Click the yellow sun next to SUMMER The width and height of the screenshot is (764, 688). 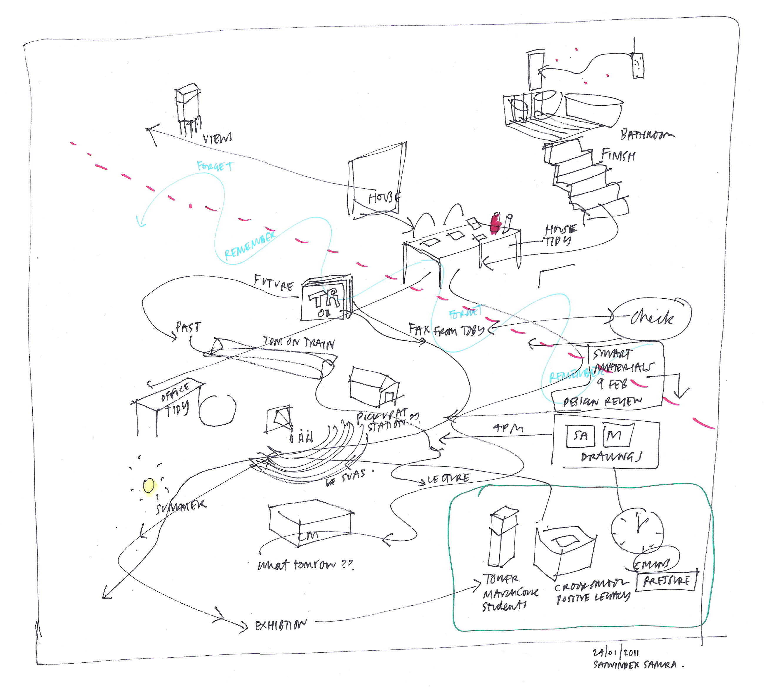point(149,485)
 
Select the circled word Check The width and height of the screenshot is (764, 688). point(651,318)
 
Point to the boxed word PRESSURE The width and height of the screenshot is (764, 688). point(666,581)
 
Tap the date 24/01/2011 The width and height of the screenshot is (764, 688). point(615,652)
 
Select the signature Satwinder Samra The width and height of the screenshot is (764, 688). point(635,664)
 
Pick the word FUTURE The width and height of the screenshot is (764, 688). point(273,282)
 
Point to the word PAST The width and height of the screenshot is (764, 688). point(188,327)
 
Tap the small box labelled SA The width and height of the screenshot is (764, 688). point(580,436)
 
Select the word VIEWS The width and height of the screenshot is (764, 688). point(217,138)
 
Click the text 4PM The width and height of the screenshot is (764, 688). point(508,428)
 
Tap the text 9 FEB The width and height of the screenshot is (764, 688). point(612,384)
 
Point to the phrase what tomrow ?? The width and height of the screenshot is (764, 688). point(305,565)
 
